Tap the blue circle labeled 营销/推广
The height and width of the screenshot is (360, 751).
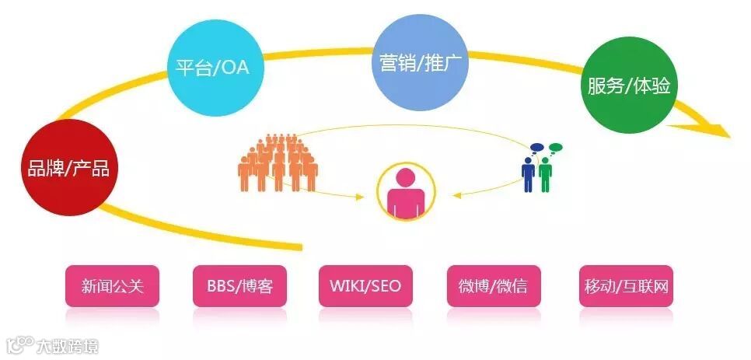(x=423, y=61)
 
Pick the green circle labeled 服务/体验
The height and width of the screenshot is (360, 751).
(x=629, y=86)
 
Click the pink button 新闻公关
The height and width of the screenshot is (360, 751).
(x=113, y=286)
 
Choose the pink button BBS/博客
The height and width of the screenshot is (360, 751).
(x=234, y=286)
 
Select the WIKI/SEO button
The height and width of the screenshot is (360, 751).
(x=365, y=286)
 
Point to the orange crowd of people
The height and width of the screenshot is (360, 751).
(x=278, y=162)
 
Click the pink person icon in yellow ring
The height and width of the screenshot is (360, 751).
(x=407, y=191)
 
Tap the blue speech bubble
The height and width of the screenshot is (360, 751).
(x=536, y=146)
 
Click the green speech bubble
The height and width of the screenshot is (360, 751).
(x=554, y=146)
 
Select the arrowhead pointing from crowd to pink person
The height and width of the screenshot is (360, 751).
(x=359, y=197)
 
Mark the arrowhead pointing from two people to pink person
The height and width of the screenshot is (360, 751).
(x=457, y=194)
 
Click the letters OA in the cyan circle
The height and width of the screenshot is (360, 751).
(x=235, y=68)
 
